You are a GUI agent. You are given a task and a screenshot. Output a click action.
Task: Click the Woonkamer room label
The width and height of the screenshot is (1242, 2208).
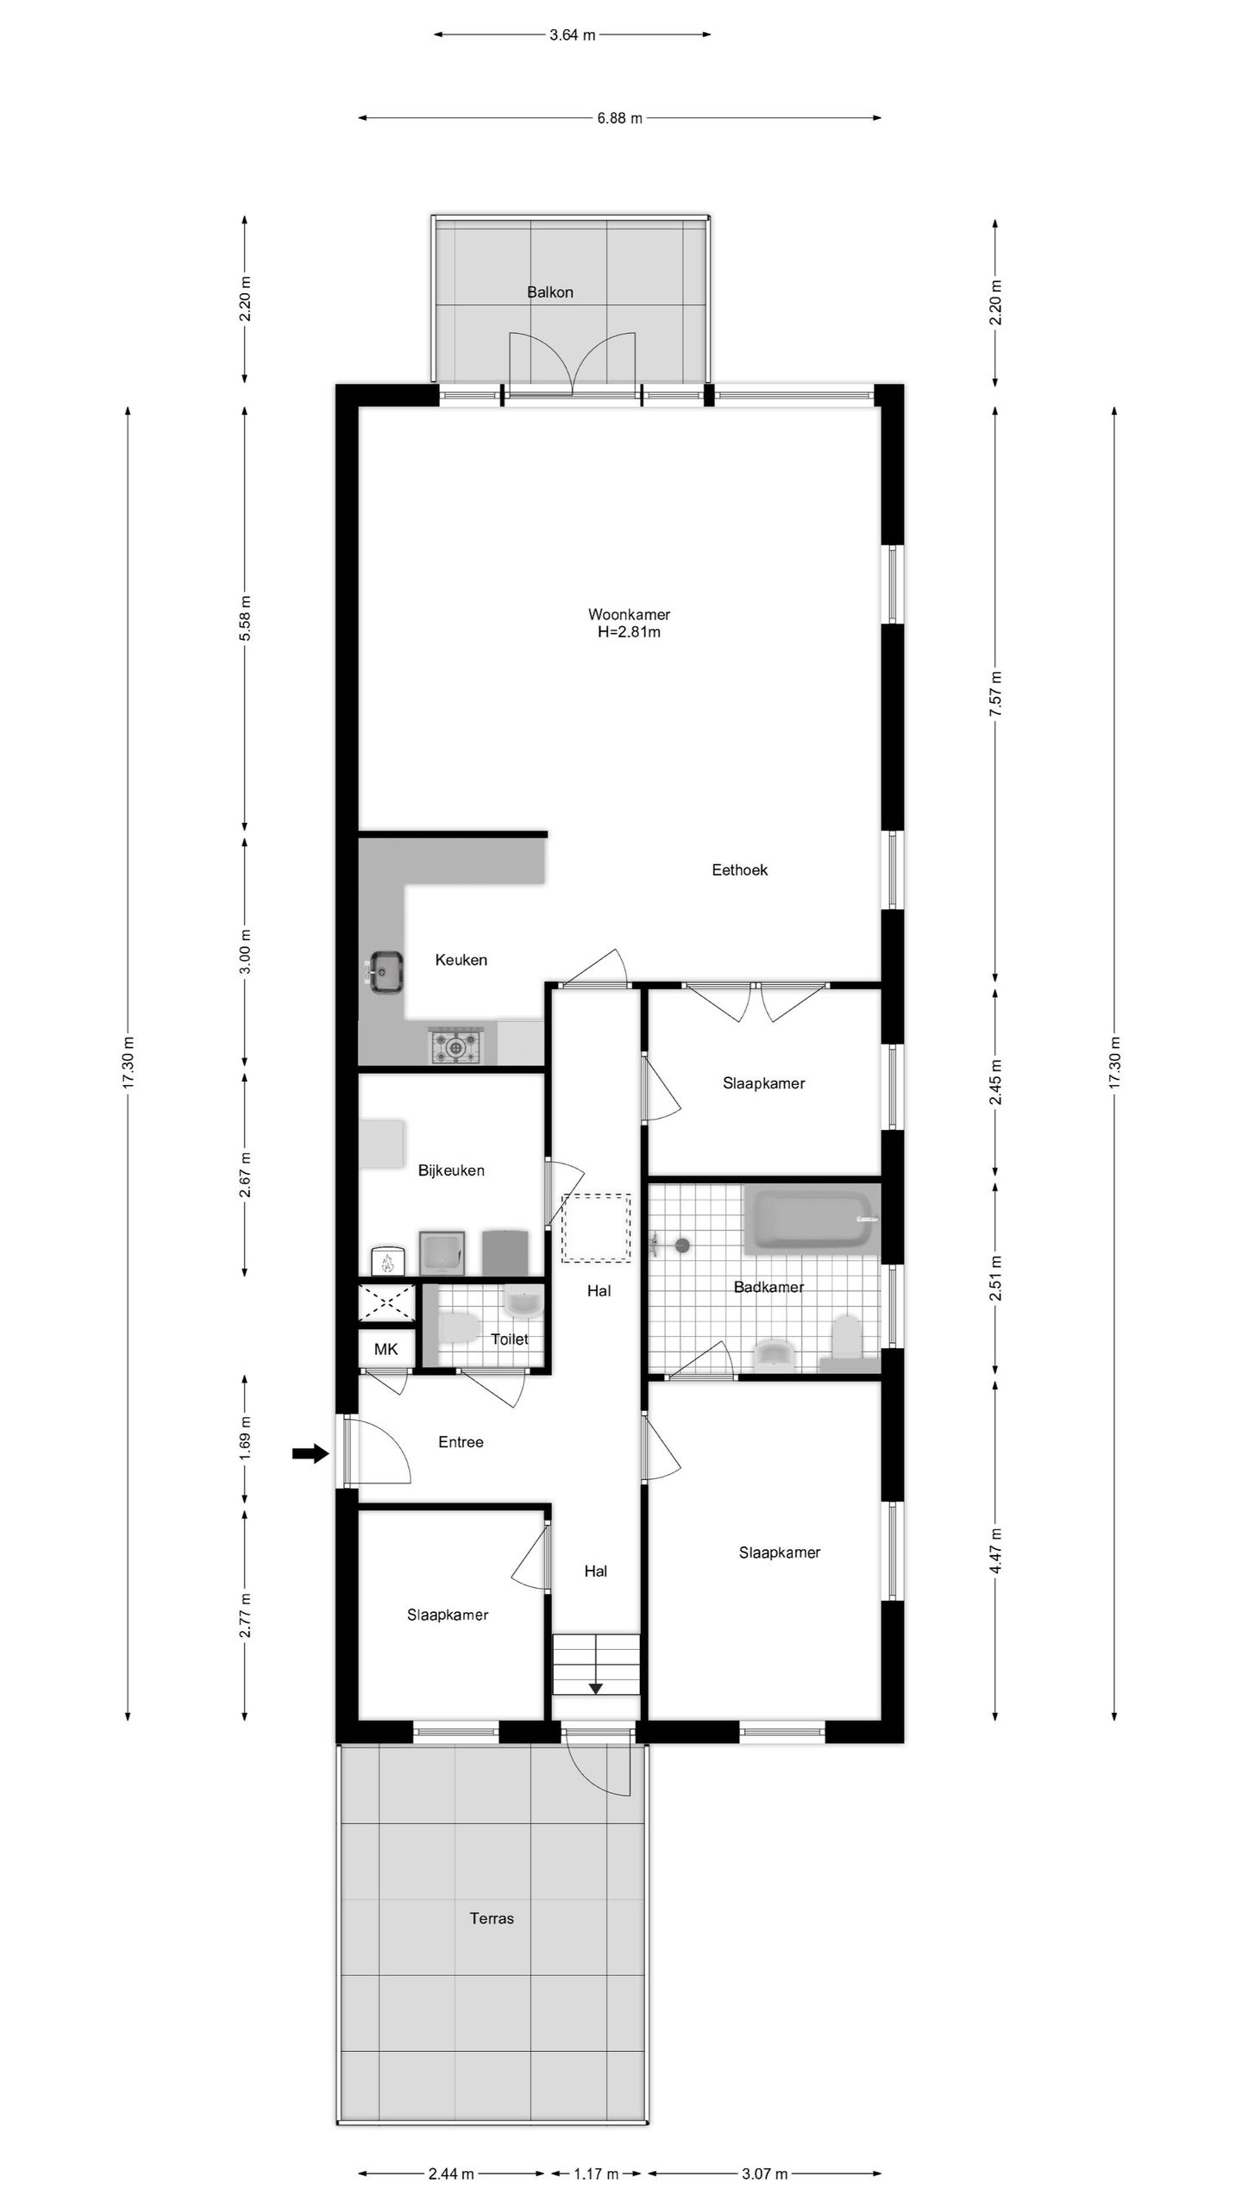pos(629,614)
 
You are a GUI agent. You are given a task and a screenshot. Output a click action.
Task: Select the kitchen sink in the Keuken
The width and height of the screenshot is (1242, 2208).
pos(386,972)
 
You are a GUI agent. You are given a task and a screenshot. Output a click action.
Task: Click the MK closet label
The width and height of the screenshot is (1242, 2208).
pos(386,1349)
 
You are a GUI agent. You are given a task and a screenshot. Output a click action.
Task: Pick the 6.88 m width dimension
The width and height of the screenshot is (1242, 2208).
pos(619,118)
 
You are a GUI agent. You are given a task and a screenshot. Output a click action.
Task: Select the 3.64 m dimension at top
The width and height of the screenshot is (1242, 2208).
pos(573,35)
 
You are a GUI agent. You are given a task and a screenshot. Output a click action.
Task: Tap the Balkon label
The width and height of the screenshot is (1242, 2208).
pos(550,292)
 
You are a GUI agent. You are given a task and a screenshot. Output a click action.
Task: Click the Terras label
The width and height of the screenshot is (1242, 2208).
pos(492,1918)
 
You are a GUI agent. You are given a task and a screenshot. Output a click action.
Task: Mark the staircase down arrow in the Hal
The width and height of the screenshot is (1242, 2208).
pos(595,1688)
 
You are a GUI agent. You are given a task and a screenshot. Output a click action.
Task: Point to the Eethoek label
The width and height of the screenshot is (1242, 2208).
pos(739,870)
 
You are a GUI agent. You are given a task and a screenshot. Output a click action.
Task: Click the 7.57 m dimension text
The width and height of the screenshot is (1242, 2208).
pos(995,695)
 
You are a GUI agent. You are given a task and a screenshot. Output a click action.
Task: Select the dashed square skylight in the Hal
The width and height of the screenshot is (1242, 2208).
pos(596,1227)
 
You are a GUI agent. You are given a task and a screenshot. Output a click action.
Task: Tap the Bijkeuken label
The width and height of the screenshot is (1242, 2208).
pos(451,1170)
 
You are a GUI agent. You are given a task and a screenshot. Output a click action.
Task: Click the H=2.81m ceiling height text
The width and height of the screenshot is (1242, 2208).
pos(629,632)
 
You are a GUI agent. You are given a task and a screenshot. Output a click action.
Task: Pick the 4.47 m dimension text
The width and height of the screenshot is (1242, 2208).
pos(995,1550)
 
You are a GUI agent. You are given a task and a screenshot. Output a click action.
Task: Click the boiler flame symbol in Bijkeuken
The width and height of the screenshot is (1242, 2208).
pos(386,1264)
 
